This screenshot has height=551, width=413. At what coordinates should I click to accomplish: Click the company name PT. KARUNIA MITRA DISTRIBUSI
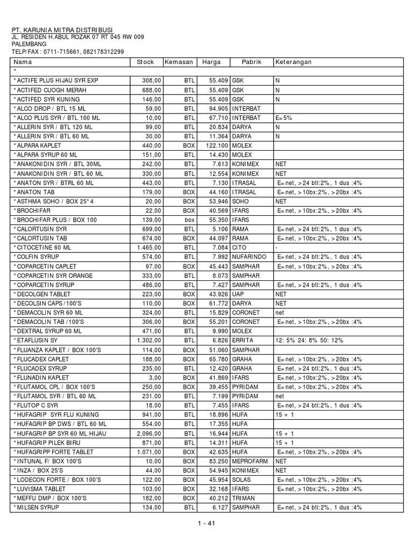click(x=63, y=30)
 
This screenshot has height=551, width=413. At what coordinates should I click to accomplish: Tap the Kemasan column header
click(x=179, y=62)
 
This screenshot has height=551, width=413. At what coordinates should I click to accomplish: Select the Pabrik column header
click(x=251, y=62)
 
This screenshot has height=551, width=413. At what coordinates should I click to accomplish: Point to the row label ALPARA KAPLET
click(x=38, y=146)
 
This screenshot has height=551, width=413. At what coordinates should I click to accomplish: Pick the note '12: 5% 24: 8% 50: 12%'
click(x=309, y=341)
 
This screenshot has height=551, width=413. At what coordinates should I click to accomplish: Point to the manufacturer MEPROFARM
click(x=251, y=461)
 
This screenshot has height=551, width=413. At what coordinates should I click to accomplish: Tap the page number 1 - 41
click(x=206, y=526)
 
